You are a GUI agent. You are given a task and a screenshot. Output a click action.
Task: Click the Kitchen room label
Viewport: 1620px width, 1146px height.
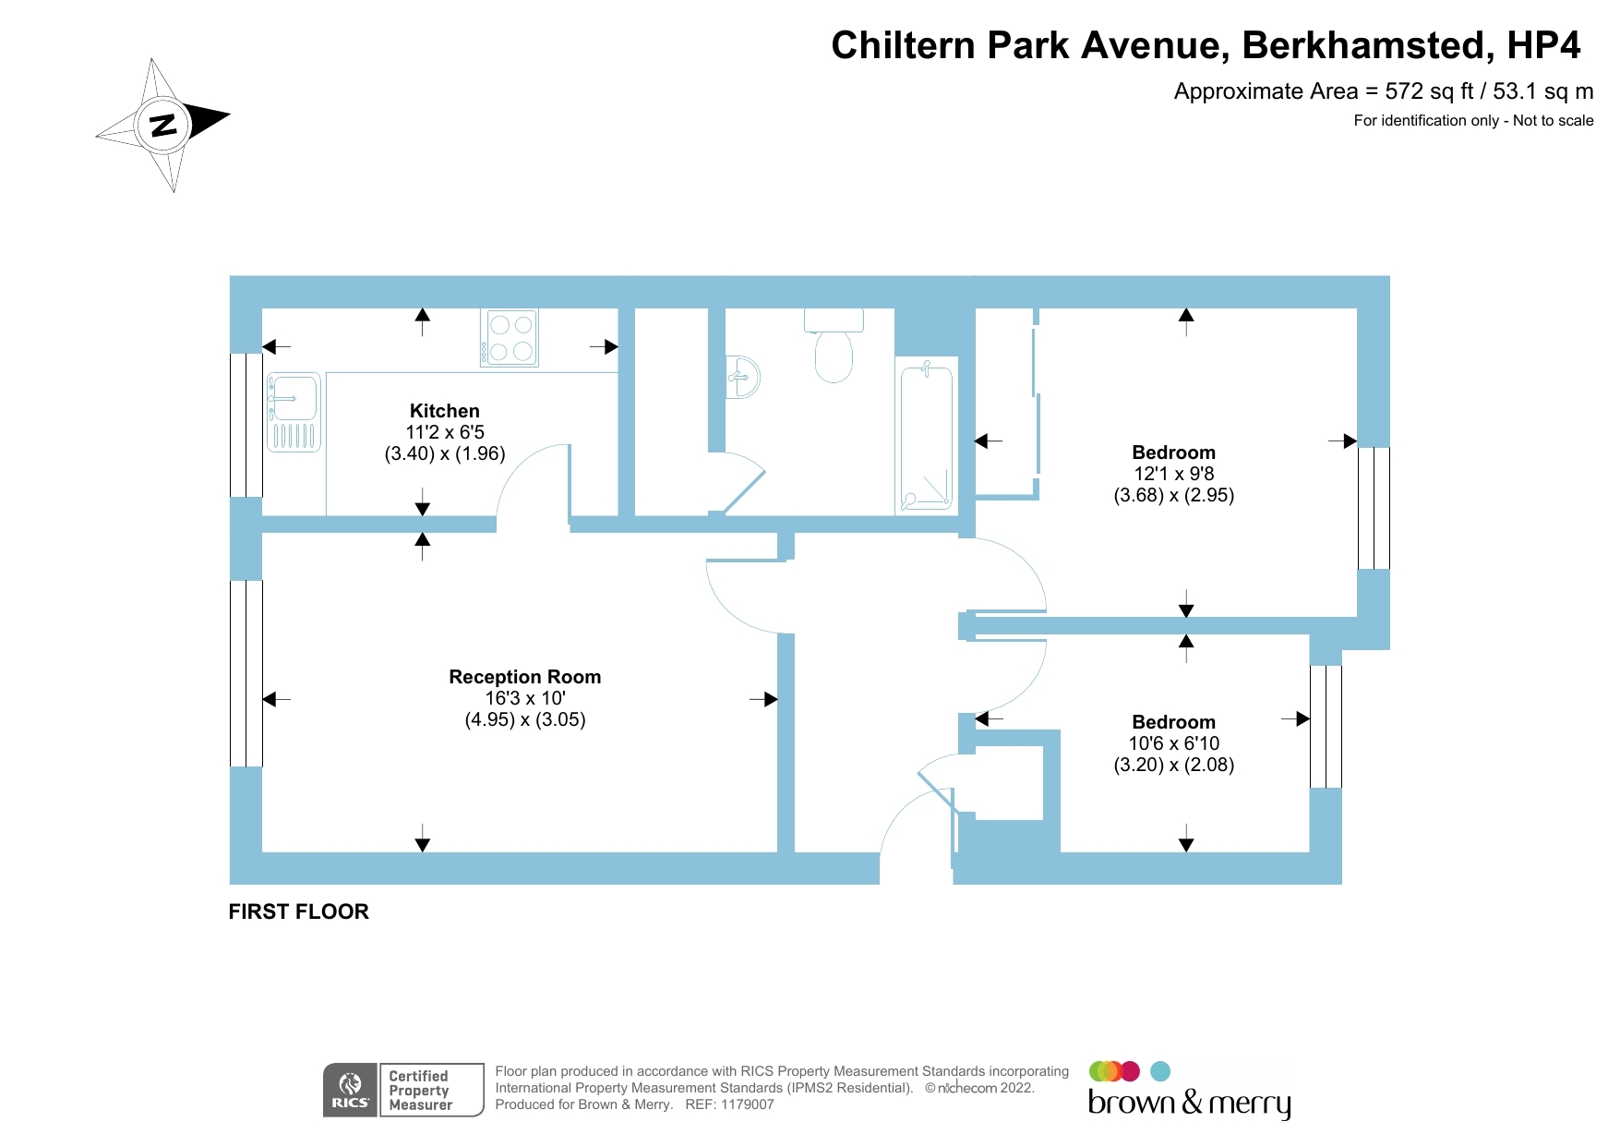coord(444,411)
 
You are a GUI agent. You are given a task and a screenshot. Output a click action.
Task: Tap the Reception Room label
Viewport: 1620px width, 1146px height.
coord(524,677)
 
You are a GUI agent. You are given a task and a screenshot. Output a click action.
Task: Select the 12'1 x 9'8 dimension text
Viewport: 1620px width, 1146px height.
coord(1173,474)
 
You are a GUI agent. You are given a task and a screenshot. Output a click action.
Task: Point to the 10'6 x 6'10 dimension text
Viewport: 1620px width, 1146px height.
coord(1173,743)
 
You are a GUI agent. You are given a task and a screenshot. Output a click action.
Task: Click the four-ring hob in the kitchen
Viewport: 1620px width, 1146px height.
coord(510,338)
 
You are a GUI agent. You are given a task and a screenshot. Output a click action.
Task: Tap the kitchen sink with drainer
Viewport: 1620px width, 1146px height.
coord(294,412)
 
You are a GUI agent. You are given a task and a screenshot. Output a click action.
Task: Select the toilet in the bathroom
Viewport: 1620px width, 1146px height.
coord(834,345)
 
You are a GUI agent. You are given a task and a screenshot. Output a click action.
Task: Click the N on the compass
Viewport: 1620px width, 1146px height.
coord(163,125)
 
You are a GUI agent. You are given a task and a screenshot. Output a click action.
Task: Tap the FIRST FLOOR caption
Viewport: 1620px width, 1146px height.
coord(298,911)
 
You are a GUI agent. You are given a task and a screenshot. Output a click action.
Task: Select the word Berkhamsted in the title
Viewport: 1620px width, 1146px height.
coord(1363,45)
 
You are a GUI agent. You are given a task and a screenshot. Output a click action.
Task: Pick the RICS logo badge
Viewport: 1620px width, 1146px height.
coord(350,1090)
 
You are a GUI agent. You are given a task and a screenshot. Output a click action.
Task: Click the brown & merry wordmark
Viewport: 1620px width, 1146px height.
coord(1189,1103)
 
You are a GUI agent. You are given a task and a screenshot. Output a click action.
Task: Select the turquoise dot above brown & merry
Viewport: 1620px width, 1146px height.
coord(1160,1071)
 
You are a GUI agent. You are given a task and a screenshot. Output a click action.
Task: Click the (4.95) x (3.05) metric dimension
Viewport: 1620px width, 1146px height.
coord(524,719)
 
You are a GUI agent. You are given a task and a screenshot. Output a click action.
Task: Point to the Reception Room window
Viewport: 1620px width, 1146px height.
coord(246,673)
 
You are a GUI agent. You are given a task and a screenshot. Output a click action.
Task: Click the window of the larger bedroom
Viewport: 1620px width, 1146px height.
coord(1374,508)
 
